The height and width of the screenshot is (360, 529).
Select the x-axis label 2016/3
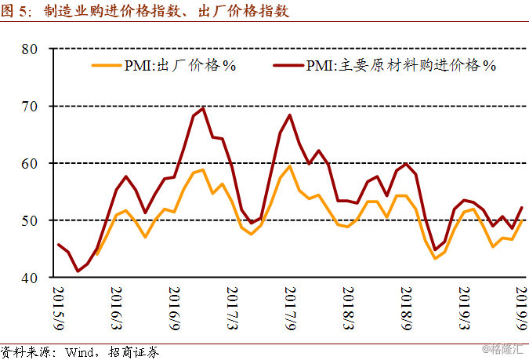116,308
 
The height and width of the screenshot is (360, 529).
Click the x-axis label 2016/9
174,308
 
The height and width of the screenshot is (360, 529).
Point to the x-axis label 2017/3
231,308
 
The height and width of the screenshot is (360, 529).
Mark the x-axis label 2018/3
347,308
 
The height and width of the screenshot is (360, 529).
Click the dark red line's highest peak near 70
203,108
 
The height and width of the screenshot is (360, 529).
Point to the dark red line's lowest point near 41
78,271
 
